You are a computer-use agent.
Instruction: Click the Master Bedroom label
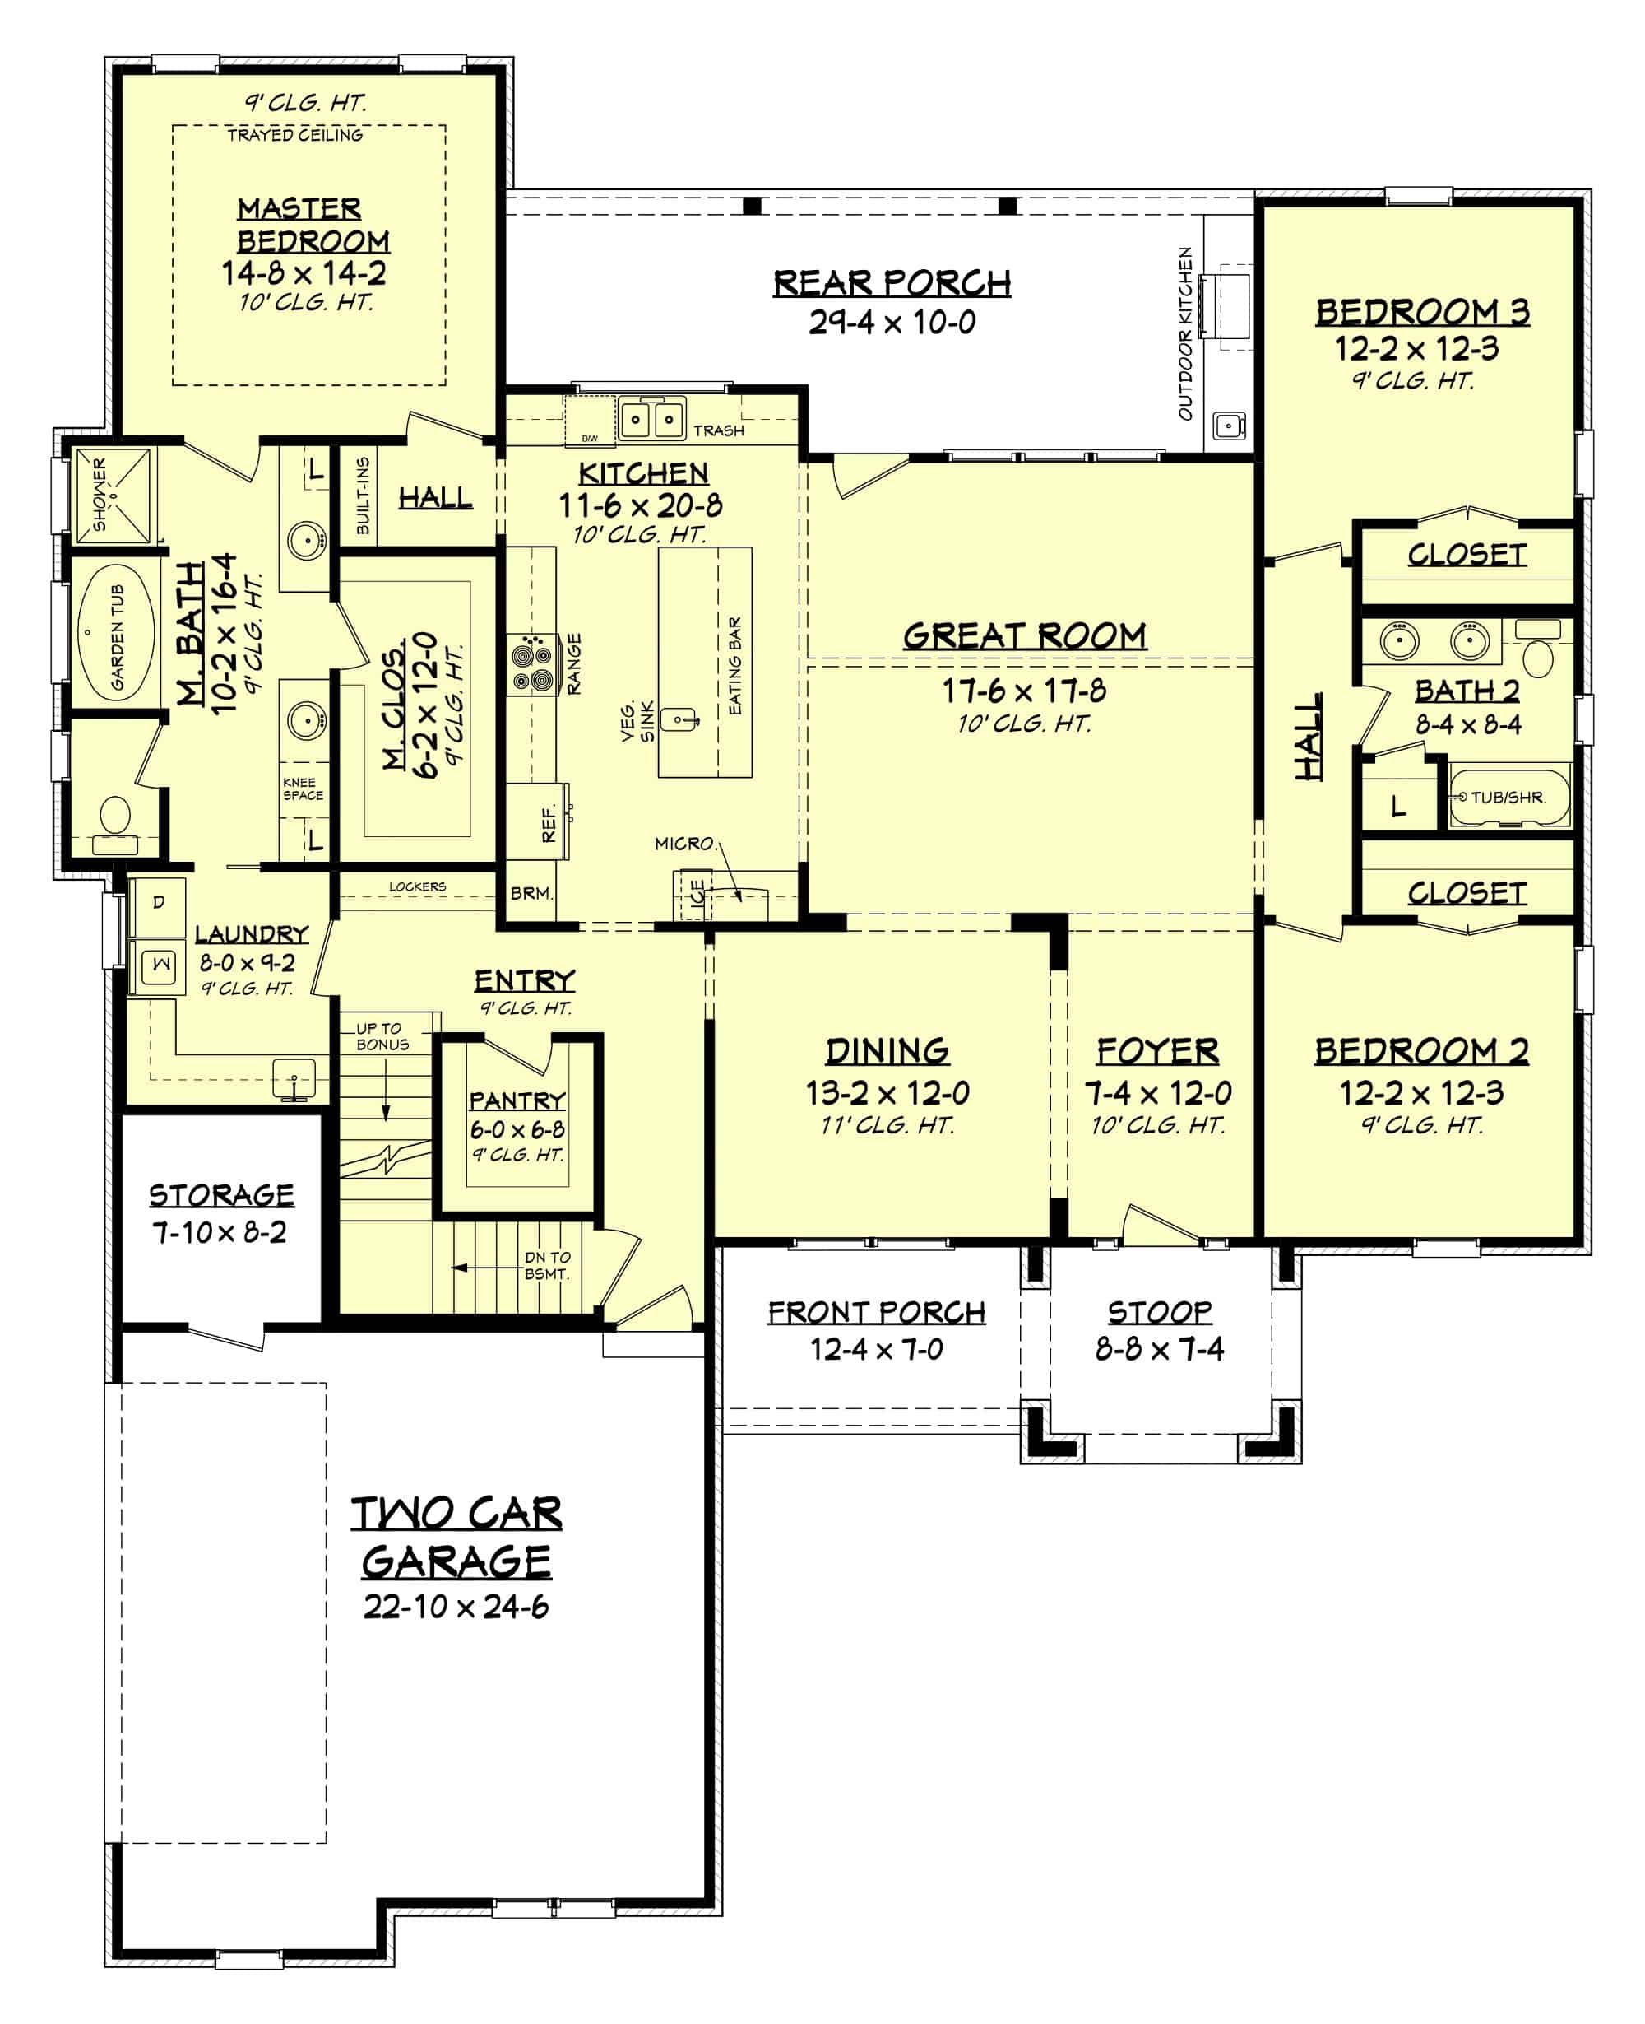click(313, 225)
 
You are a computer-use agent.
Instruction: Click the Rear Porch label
click(891, 283)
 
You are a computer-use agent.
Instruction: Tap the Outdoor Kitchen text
click(1184, 333)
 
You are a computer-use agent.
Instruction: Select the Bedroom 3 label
click(1421, 312)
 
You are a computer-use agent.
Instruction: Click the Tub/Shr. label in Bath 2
click(1508, 798)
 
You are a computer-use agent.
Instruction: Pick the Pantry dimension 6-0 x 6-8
click(517, 1129)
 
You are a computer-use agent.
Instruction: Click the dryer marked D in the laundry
click(158, 901)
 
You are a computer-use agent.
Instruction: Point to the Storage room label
click(220, 1194)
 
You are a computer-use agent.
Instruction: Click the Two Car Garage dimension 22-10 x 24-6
click(456, 1607)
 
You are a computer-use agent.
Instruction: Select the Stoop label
click(1159, 1312)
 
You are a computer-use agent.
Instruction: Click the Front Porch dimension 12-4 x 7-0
click(876, 1349)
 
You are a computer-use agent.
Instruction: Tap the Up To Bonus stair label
click(382, 1036)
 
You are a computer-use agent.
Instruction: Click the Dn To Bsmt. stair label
click(547, 1266)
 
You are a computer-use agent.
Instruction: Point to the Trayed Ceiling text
click(294, 136)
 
